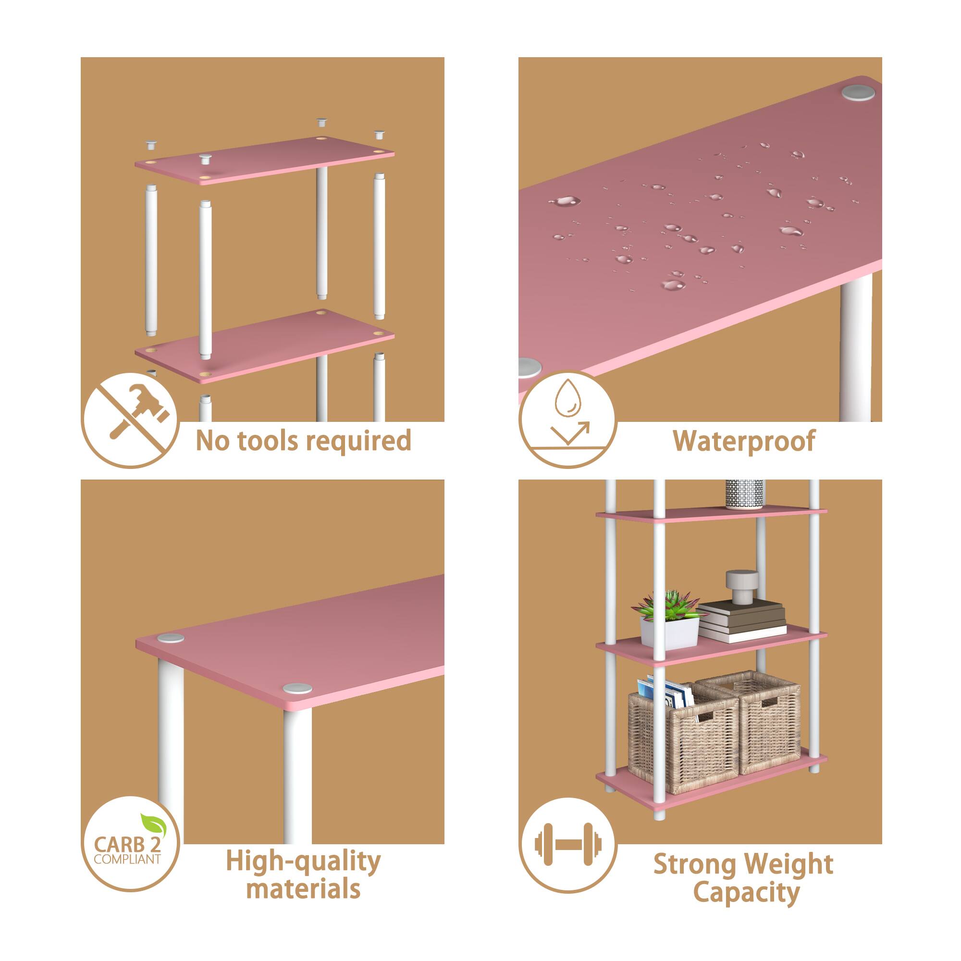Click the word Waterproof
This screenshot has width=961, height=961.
tap(744, 441)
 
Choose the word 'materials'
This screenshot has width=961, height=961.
tap(303, 889)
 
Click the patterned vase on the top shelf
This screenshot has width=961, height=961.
tap(744, 494)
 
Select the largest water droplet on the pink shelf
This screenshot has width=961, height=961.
tap(565, 201)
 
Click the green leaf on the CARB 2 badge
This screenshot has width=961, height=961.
tap(151, 824)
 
